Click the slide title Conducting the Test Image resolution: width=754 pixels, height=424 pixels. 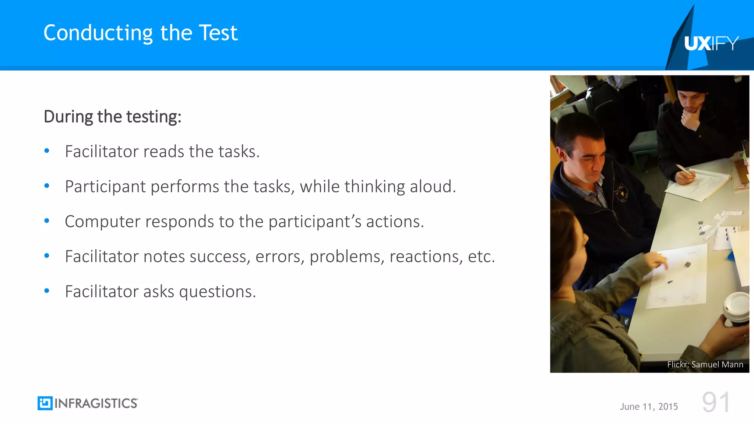(x=140, y=33)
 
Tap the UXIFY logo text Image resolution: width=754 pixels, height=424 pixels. (x=711, y=44)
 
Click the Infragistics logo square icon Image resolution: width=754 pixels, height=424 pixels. (x=45, y=403)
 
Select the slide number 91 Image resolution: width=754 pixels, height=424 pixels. (x=716, y=402)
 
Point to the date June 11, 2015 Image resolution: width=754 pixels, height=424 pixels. (x=648, y=407)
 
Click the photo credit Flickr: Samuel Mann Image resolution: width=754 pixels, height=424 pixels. (x=705, y=364)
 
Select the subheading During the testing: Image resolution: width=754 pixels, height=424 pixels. (x=112, y=117)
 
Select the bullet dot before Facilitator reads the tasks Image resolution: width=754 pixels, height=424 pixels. (x=47, y=151)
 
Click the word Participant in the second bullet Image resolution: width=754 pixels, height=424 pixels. (x=105, y=187)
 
